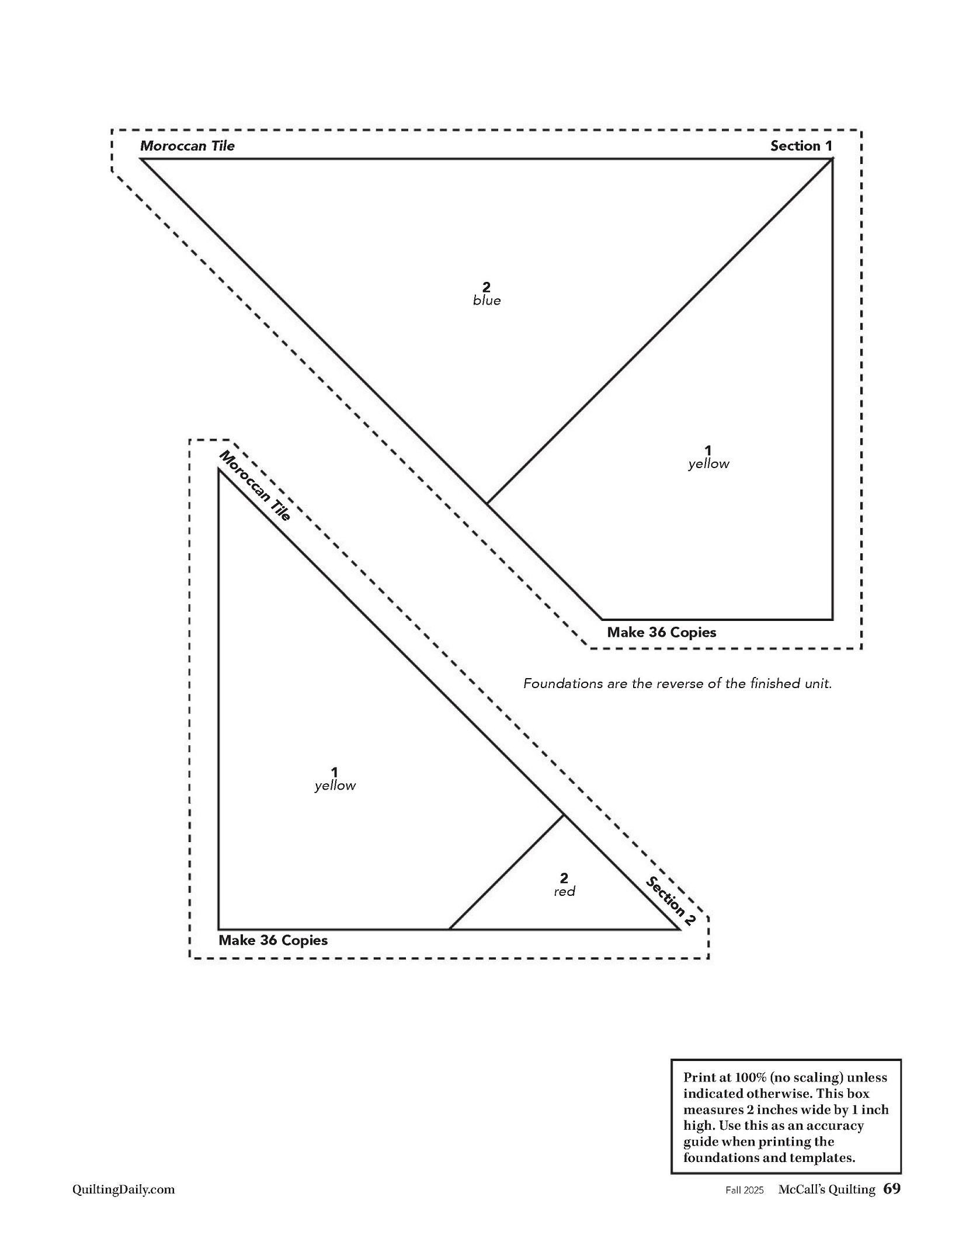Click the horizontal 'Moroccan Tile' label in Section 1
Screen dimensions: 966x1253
[187, 146]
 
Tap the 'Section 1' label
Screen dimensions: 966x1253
[801, 146]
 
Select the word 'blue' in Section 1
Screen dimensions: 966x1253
[487, 301]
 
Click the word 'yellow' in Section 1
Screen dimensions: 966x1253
[708, 464]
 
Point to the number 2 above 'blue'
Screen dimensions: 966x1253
[486, 287]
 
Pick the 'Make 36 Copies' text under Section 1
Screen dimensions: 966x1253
[661, 632]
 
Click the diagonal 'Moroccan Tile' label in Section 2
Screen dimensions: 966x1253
[254, 486]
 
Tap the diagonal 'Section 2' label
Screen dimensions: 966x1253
[670, 902]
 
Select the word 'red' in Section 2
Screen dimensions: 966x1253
[564, 891]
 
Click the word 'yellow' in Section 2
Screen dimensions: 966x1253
[335, 786]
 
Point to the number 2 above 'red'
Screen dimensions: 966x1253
[564, 878]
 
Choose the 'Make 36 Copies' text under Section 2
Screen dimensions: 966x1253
[273, 940]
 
